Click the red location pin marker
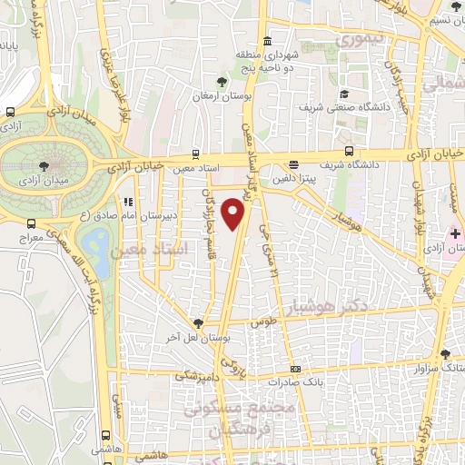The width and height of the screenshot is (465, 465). point(235,213)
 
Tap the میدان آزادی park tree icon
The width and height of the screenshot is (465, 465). point(45,164)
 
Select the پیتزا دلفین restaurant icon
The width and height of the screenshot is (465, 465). point(293,164)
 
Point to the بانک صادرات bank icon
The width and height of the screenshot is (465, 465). point(295,369)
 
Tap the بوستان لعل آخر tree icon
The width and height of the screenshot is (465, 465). point(199,322)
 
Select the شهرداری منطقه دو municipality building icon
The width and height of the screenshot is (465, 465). point(267,43)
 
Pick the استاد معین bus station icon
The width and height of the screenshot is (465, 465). point(195,154)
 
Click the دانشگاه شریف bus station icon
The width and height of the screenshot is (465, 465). point(351,153)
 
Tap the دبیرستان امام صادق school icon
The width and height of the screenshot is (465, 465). point(127,202)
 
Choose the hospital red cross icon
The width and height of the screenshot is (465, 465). point(455,234)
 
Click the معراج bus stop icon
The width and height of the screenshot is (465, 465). point(32,223)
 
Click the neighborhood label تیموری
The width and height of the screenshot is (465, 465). point(359,41)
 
